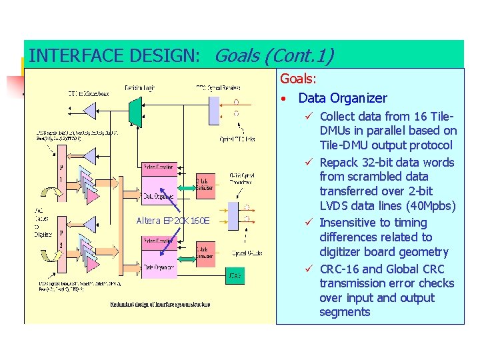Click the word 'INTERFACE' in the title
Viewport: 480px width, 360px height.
coord(71,56)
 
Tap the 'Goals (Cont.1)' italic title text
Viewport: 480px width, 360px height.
coord(274,56)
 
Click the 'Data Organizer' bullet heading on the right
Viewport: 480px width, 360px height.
coord(343,98)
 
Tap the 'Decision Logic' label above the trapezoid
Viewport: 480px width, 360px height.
coord(139,87)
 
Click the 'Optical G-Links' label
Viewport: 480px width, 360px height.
coord(247,253)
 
